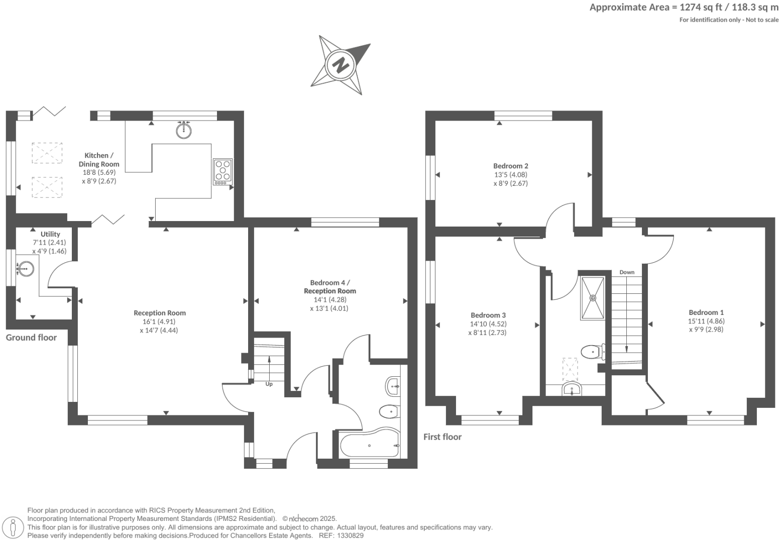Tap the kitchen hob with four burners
222,171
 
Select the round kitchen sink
184,130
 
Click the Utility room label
50,234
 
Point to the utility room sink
25,269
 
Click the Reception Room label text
160,313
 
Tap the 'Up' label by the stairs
269,384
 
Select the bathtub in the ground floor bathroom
369,445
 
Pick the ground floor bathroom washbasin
393,386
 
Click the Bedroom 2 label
510,166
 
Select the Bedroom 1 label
706,312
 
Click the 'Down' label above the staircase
626,272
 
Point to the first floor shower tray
593,298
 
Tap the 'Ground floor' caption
31,338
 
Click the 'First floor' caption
442,437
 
